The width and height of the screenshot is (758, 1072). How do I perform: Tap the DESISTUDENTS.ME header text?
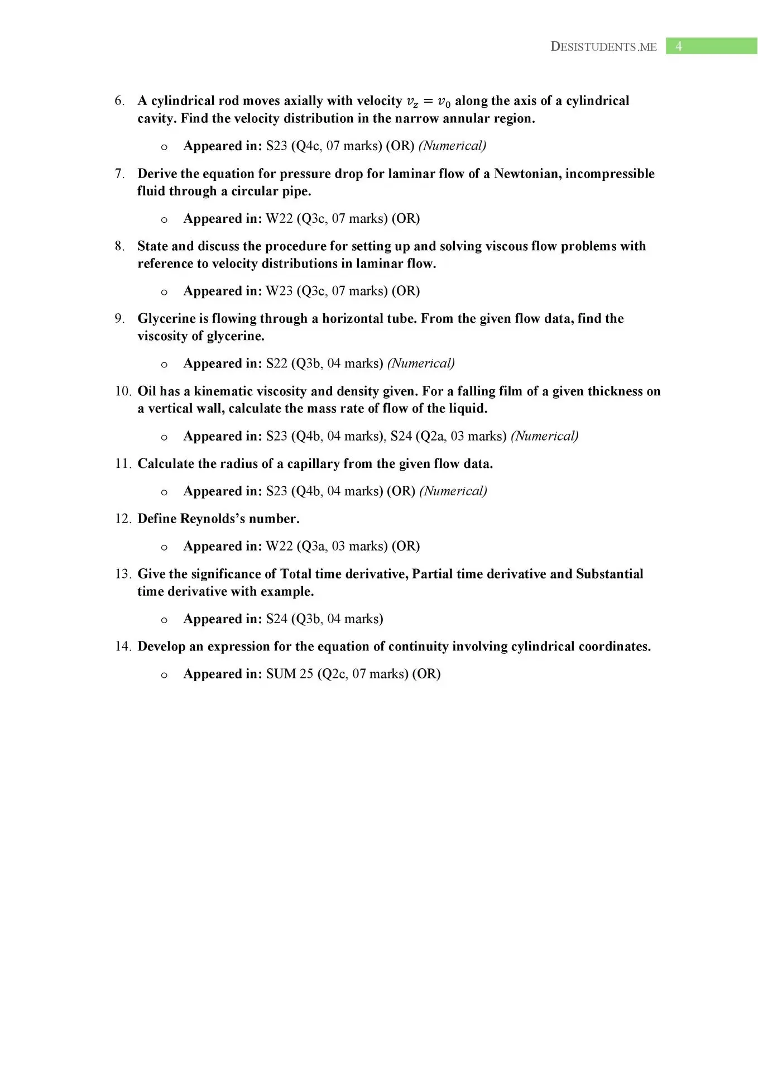pyautogui.click(x=603, y=47)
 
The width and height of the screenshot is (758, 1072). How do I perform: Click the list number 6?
pyautogui.click(x=119, y=100)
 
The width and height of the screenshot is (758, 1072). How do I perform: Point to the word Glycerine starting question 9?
pyautogui.click(x=166, y=318)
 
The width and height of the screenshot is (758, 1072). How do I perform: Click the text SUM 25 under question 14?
pyautogui.click(x=290, y=674)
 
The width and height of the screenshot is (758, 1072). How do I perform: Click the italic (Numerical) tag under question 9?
pyautogui.click(x=421, y=363)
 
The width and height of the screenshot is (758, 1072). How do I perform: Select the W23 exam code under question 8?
pyautogui.click(x=279, y=291)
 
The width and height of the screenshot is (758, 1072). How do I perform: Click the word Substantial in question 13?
pyautogui.click(x=610, y=574)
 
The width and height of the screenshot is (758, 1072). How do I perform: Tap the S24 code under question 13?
pyautogui.click(x=276, y=619)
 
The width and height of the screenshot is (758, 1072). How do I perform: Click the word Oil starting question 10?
pyautogui.click(x=147, y=391)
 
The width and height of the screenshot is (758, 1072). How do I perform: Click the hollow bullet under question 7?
pyautogui.click(x=164, y=220)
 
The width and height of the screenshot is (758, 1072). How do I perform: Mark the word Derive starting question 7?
pyautogui.click(x=157, y=174)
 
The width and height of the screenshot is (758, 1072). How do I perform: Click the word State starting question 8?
pyautogui.click(x=152, y=246)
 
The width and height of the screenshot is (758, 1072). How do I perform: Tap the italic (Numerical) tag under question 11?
pyautogui.click(x=453, y=491)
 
